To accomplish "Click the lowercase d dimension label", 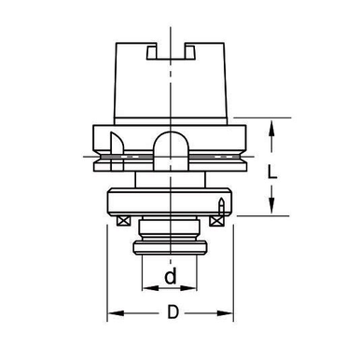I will pyautogui.click(x=170, y=277).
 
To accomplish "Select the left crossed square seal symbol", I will pyautogui.click(x=123, y=220).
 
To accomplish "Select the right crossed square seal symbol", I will pyautogui.click(x=218, y=220).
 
